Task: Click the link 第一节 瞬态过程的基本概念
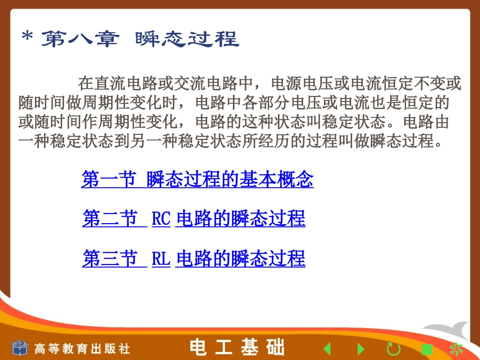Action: (x=198, y=180)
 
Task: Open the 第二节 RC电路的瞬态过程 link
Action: (x=194, y=219)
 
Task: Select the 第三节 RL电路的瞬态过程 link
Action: (x=194, y=259)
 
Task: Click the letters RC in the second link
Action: (x=161, y=219)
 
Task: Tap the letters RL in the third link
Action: (x=161, y=259)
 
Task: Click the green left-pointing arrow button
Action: (x=327, y=348)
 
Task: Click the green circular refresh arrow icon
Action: (x=394, y=348)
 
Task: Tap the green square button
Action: (x=427, y=349)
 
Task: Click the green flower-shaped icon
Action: (x=456, y=348)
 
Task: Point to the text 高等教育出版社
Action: (x=82, y=348)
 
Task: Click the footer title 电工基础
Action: (x=237, y=347)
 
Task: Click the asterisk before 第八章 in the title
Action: (x=28, y=38)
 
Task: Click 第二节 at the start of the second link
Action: (x=110, y=219)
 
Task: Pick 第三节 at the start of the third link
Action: (x=110, y=259)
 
